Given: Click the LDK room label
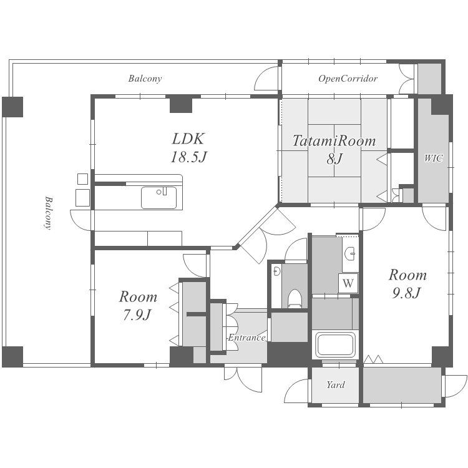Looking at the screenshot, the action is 188,139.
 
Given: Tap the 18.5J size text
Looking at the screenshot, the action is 188,157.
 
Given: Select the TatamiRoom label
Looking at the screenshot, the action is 334,141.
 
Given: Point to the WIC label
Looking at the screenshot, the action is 434,158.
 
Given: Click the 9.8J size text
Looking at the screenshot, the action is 406,293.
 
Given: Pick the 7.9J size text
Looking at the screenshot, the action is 137,314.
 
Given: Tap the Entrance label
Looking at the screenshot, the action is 246,338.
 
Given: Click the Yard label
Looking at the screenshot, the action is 336,385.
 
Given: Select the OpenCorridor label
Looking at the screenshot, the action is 348,79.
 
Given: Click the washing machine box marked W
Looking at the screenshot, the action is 348,283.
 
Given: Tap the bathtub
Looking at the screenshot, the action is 335,344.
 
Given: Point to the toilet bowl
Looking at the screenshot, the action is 295,298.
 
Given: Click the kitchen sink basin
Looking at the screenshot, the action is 158,198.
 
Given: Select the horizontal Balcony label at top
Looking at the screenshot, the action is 145,79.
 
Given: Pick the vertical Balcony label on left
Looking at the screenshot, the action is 48,213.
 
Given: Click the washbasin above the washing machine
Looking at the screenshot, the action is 349,254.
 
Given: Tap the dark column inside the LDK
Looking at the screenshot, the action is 181,104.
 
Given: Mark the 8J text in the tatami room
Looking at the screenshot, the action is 334,158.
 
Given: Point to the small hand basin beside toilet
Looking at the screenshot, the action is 276,271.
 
